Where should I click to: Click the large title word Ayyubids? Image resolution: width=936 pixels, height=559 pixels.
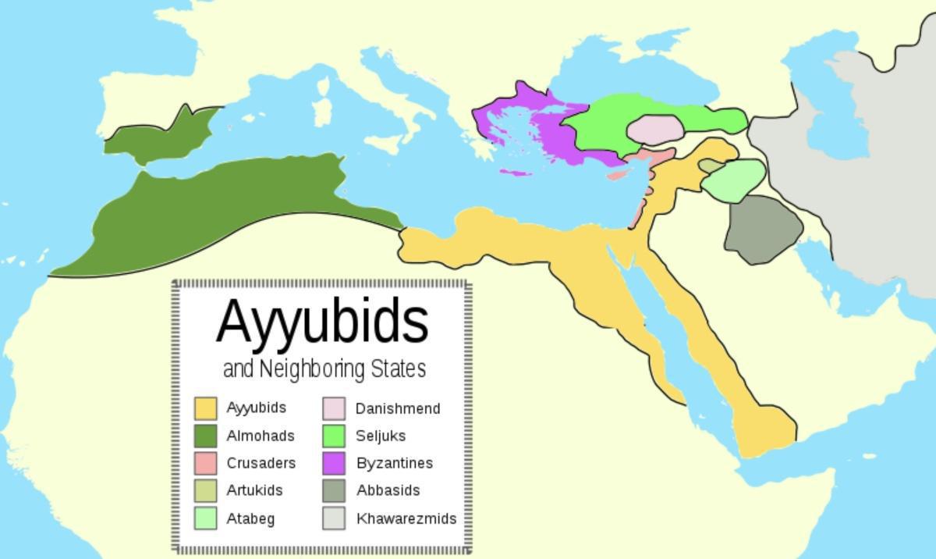tap(322, 322)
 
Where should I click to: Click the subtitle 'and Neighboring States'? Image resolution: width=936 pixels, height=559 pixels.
tap(324, 369)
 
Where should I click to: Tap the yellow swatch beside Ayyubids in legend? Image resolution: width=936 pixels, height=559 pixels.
tap(205, 408)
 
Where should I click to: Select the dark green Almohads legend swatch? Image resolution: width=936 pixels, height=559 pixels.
tap(205, 436)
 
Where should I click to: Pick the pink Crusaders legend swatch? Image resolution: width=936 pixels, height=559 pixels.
tap(205, 463)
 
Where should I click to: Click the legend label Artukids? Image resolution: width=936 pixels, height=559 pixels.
tap(254, 490)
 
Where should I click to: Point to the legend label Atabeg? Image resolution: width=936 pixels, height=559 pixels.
tap(250, 518)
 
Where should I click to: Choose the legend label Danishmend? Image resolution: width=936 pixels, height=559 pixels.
tap(398, 408)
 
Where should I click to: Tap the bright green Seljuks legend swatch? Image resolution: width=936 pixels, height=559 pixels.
tap(334, 436)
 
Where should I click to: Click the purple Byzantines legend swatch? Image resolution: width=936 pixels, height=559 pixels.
tap(334, 463)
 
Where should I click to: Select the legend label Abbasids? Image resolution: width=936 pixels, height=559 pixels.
tap(388, 490)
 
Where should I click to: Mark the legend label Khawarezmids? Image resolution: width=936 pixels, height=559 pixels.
tap(406, 518)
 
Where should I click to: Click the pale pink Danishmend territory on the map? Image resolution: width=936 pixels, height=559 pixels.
tap(655, 129)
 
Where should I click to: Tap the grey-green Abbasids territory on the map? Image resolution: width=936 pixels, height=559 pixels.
tap(762, 228)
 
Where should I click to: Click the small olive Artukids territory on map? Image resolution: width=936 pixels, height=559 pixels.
tap(711, 166)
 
